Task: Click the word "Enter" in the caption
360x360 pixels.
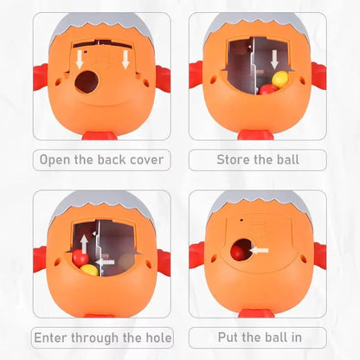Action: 51,337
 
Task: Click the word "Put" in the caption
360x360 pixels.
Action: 228,337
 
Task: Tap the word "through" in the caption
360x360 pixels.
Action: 95,338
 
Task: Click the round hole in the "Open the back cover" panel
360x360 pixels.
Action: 86,82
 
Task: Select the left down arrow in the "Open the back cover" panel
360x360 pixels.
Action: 80,61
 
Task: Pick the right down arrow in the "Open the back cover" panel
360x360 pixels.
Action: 125,60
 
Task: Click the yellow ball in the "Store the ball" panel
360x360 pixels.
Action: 280,80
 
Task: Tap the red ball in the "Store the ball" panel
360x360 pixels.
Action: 267,90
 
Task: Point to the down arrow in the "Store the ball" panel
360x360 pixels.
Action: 274,60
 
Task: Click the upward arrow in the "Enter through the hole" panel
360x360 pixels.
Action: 84,244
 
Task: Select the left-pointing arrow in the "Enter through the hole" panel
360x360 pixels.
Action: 105,262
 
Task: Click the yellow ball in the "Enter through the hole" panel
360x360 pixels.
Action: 89,270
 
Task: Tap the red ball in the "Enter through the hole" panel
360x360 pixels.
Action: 80,258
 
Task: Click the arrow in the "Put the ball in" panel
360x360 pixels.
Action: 259,250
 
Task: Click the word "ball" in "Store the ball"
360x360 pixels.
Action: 288,159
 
